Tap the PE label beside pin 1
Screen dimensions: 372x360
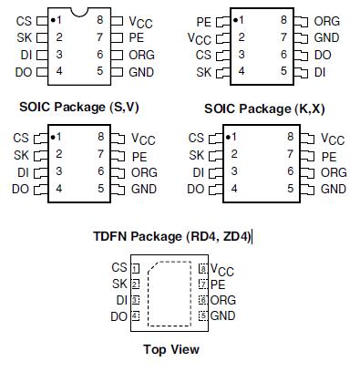[x=203, y=19]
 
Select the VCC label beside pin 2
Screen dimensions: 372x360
[x=199, y=38]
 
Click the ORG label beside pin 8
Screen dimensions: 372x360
[x=326, y=20]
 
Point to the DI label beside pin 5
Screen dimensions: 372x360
[x=321, y=71]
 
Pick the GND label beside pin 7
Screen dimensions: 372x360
[x=326, y=37]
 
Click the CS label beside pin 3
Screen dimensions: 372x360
[x=202, y=55]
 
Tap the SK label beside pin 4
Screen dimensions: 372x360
[x=203, y=71]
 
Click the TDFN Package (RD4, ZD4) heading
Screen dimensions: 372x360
[x=170, y=236]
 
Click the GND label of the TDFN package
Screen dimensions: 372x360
[x=223, y=315]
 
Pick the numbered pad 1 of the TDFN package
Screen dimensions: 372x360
[x=136, y=268]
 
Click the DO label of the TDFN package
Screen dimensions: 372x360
[x=118, y=316]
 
